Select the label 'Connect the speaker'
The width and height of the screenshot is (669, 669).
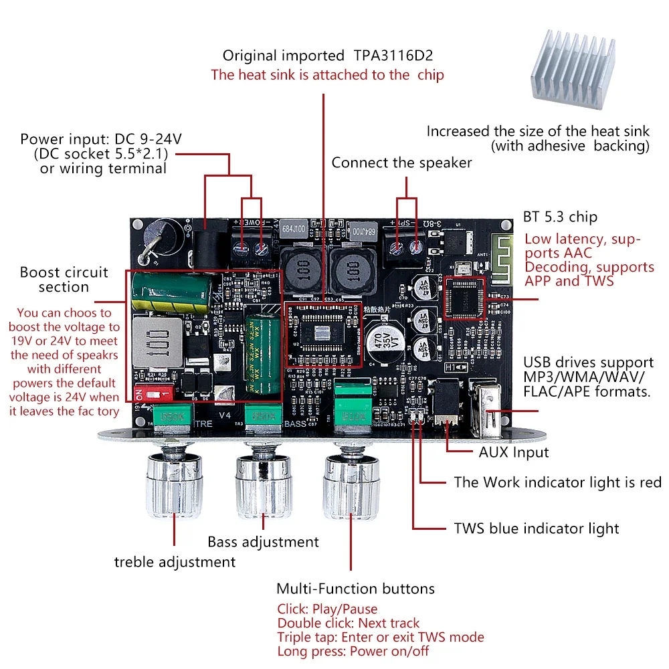tap(401, 163)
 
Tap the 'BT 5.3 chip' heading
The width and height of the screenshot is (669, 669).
tap(560, 217)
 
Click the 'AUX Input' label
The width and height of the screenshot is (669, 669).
tap(514, 452)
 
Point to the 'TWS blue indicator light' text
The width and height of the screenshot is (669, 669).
tap(537, 529)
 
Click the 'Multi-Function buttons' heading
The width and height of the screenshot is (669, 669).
tap(355, 589)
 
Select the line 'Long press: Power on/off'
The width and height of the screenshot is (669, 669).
tap(353, 651)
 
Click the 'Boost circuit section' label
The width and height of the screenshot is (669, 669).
tap(64, 280)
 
